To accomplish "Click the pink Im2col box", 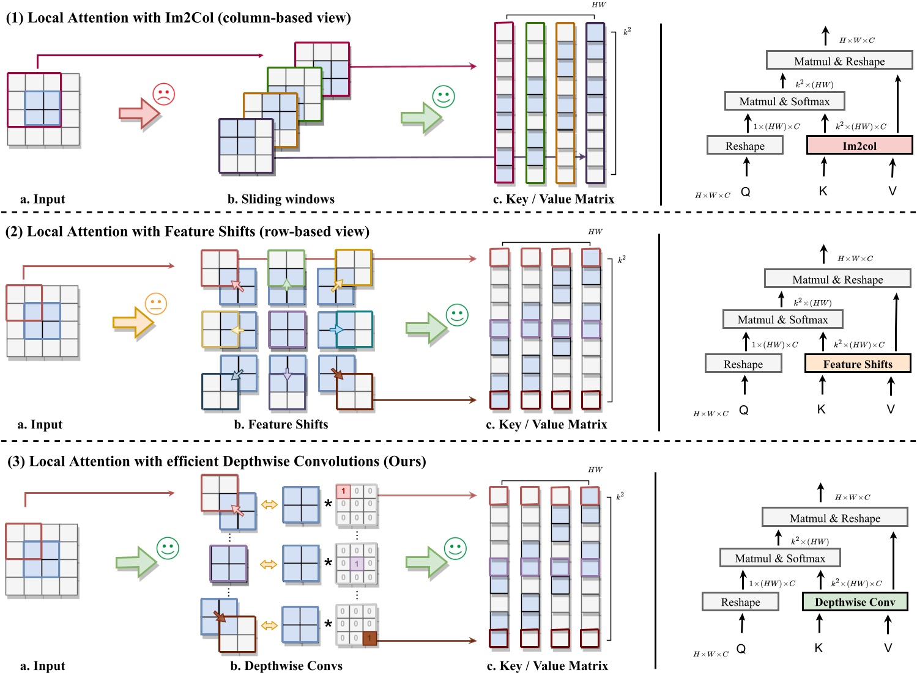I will pyautogui.click(x=859, y=145).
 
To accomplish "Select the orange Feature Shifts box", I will pyautogui.click(x=858, y=364).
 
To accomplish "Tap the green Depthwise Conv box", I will pyautogui.click(x=855, y=602).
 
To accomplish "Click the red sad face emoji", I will pyautogui.click(x=163, y=94).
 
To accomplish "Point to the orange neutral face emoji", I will pyautogui.click(x=156, y=304).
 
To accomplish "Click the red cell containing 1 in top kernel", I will pyautogui.click(x=343, y=491).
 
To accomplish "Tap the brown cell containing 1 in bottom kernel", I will pyautogui.click(x=369, y=638).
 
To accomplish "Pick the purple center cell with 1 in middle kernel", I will pyautogui.click(x=357, y=564).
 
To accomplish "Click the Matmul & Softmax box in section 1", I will pyautogui.click(x=784, y=101).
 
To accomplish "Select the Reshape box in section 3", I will pyautogui.click(x=740, y=602).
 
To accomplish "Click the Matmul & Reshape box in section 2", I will pyautogui.click(x=837, y=279).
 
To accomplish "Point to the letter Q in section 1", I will pyautogui.click(x=745, y=191).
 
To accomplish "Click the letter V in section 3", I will pyautogui.click(x=888, y=648).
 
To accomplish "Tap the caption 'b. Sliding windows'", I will pyautogui.click(x=281, y=199).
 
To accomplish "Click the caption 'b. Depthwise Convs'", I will pyautogui.click(x=286, y=666).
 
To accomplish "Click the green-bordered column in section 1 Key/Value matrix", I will pyautogui.click(x=535, y=103).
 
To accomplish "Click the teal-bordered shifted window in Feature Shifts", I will pyautogui.click(x=354, y=329).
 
